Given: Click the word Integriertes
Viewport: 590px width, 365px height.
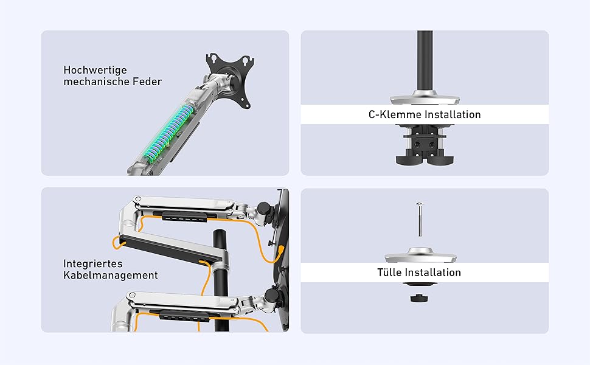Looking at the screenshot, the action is tap(93, 264).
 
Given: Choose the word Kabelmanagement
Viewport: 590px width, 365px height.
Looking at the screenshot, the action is tap(111, 276).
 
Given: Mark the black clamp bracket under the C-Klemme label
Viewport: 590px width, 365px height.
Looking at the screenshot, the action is tap(421, 143).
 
